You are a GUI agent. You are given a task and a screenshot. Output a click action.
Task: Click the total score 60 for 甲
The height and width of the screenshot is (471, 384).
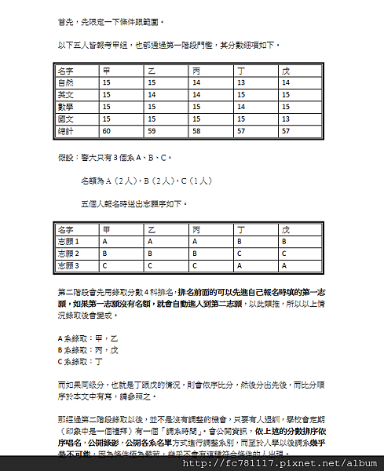click(x=108, y=130)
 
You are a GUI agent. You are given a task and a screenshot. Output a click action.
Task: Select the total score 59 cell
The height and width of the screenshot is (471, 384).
click(x=152, y=130)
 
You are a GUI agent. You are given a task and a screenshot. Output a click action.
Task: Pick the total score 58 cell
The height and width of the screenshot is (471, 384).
click(x=196, y=130)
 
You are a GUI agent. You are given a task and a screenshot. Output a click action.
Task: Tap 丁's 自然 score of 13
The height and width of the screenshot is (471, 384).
click(x=240, y=82)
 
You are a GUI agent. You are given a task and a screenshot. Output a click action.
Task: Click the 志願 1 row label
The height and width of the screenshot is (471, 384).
click(x=70, y=242)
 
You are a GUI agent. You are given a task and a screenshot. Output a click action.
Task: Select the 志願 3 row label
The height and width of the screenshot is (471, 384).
click(x=70, y=266)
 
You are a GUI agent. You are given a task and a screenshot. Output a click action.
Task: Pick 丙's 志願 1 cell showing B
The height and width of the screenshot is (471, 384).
click(x=195, y=242)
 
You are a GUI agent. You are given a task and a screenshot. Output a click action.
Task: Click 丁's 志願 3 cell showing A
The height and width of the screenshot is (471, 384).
click(x=239, y=266)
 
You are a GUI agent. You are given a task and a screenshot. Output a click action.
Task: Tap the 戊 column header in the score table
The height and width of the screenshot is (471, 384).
click(x=286, y=70)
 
